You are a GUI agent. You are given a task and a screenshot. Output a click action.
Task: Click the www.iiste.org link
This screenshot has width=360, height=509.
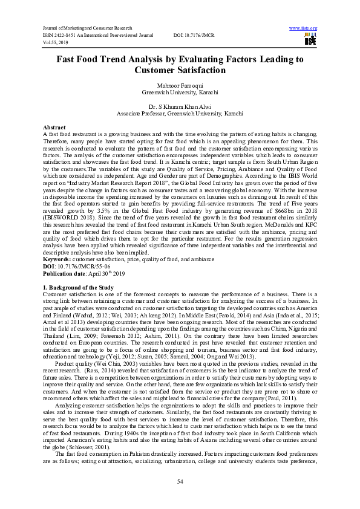click(x=303, y=28)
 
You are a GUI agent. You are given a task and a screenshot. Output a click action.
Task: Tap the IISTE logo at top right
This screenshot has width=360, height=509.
click(x=311, y=40)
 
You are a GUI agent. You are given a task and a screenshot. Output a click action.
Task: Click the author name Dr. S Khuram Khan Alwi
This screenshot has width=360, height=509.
click(x=180, y=106)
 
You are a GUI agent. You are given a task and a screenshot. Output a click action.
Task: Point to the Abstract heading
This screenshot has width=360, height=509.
click(x=54, y=128)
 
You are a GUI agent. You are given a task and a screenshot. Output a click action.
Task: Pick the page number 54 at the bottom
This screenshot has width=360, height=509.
click(x=180, y=480)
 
